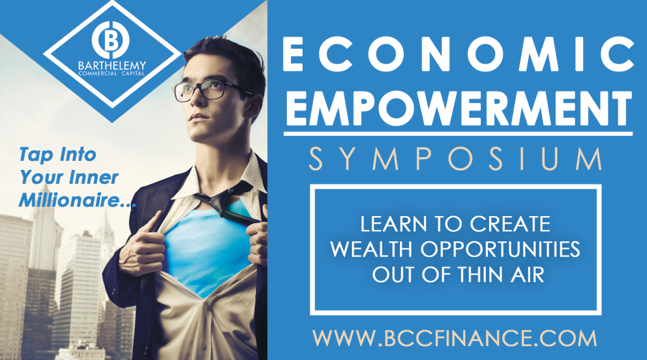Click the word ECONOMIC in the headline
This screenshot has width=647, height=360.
tap(459, 54)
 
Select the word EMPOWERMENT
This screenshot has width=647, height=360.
tap(459, 107)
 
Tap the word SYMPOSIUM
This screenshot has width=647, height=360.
tap(456, 159)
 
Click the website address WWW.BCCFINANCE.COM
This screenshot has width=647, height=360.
tap(455, 338)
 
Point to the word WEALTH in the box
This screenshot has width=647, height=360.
tap(370, 249)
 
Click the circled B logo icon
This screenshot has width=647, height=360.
tap(111, 40)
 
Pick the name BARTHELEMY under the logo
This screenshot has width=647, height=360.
tap(112, 66)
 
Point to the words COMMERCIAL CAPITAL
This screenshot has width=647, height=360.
tap(112, 73)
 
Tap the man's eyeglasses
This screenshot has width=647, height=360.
tap(207, 90)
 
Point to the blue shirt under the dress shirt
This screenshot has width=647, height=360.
tap(207, 248)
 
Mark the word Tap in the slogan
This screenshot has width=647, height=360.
tap(36, 155)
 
